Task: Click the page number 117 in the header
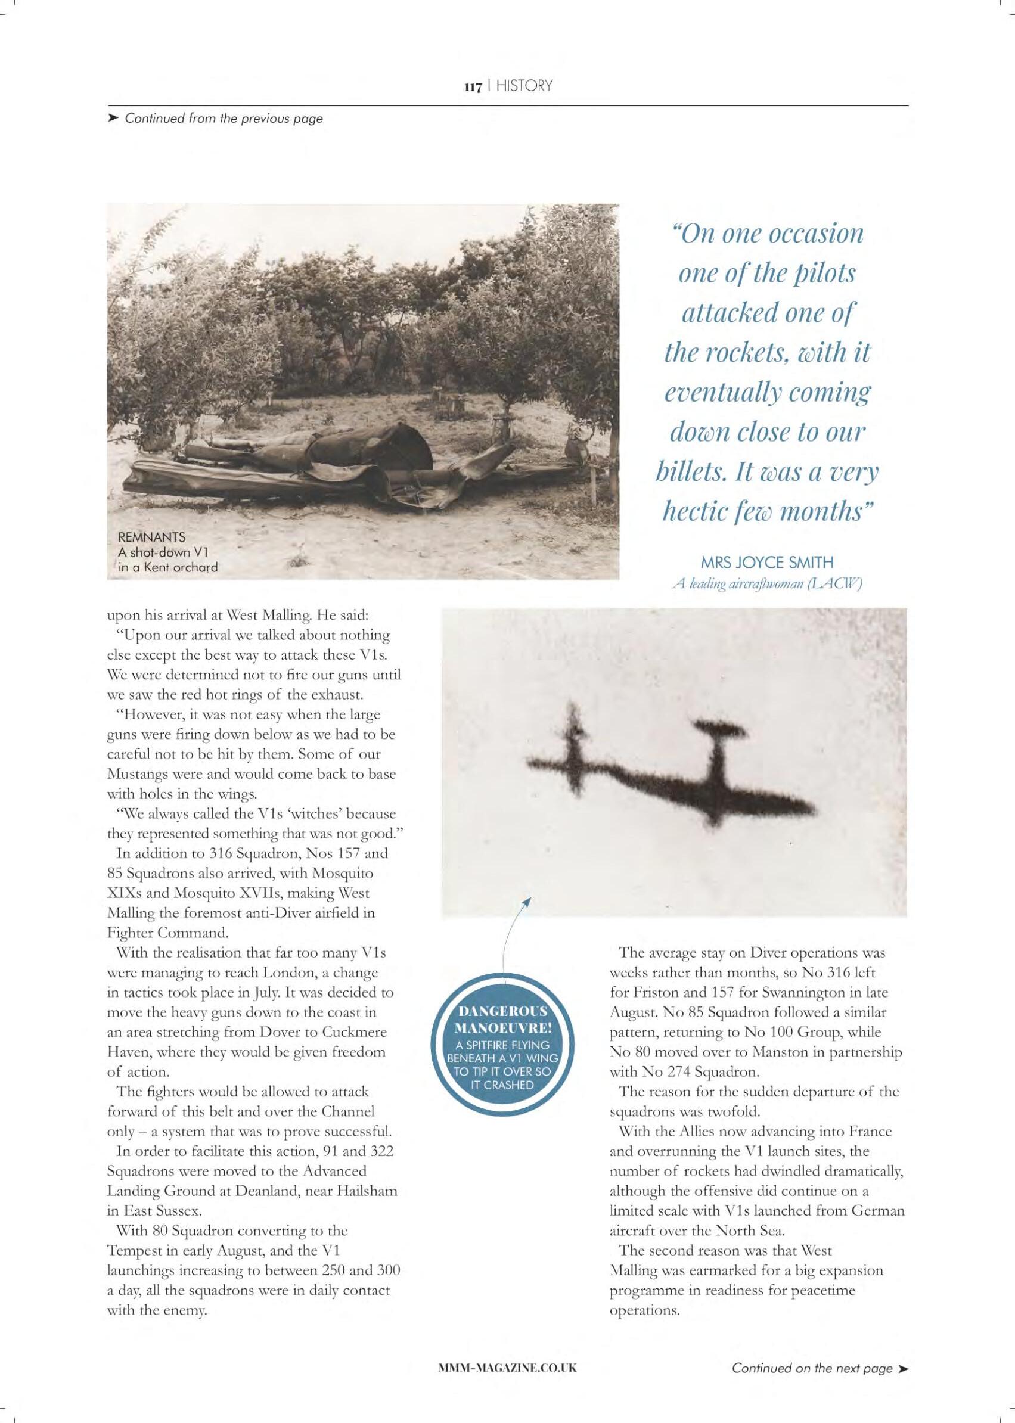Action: coord(472,86)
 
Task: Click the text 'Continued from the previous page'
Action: coord(224,118)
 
